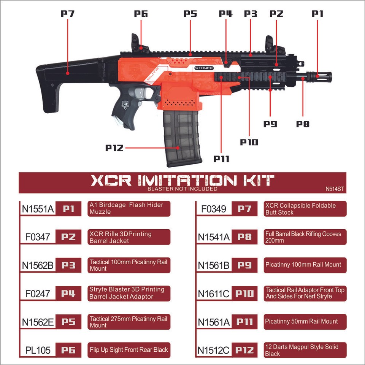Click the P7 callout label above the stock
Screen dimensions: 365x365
pos(68,14)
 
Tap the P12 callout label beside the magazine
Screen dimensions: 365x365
pos(114,148)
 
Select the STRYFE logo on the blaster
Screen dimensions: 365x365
pos(204,68)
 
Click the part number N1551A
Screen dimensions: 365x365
pos(38,209)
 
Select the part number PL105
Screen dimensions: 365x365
pos(38,350)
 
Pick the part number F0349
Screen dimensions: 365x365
pos(214,209)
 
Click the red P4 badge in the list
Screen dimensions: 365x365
pos(68,294)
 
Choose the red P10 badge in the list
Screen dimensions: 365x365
pos(244,294)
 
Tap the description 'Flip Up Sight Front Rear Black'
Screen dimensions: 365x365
pos(129,350)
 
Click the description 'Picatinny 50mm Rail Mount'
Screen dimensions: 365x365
pos(302,322)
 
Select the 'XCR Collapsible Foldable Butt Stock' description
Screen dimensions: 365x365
pos(301,209)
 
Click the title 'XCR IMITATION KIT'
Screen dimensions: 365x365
pos(182,180)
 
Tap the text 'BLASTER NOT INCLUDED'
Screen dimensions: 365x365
pos(182,189)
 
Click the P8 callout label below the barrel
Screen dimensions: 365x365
pos(303,124)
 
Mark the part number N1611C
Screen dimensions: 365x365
pos(214,294)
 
